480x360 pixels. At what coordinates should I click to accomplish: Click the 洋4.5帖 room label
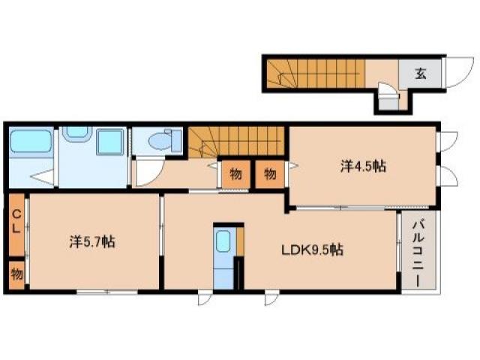[363, 166]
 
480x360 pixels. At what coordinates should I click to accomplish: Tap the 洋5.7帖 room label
[92, 241]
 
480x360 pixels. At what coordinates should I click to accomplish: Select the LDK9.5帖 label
[312, 250]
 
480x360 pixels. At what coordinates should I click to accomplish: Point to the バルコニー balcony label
[418, 253]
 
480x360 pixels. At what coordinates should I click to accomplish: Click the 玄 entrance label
[421, 73]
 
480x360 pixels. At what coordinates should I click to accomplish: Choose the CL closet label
[16, 222]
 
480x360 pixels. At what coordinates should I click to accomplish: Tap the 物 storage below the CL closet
[16, 274]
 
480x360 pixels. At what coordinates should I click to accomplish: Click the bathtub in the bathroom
[31, 140]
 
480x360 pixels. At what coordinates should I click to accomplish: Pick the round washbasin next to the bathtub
[77, 133]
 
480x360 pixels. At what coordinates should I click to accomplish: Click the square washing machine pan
[110, 142]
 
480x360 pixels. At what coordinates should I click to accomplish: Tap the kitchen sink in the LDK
[223, 241]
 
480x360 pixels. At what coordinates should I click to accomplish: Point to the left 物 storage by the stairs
[235, 174]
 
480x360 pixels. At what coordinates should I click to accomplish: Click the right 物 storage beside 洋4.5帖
[270, 174]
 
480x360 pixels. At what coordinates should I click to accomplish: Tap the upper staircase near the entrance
[316, 73]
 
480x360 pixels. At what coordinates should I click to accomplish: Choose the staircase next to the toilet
[236, 142]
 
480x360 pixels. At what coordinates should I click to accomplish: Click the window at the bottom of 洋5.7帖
[106, 292]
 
